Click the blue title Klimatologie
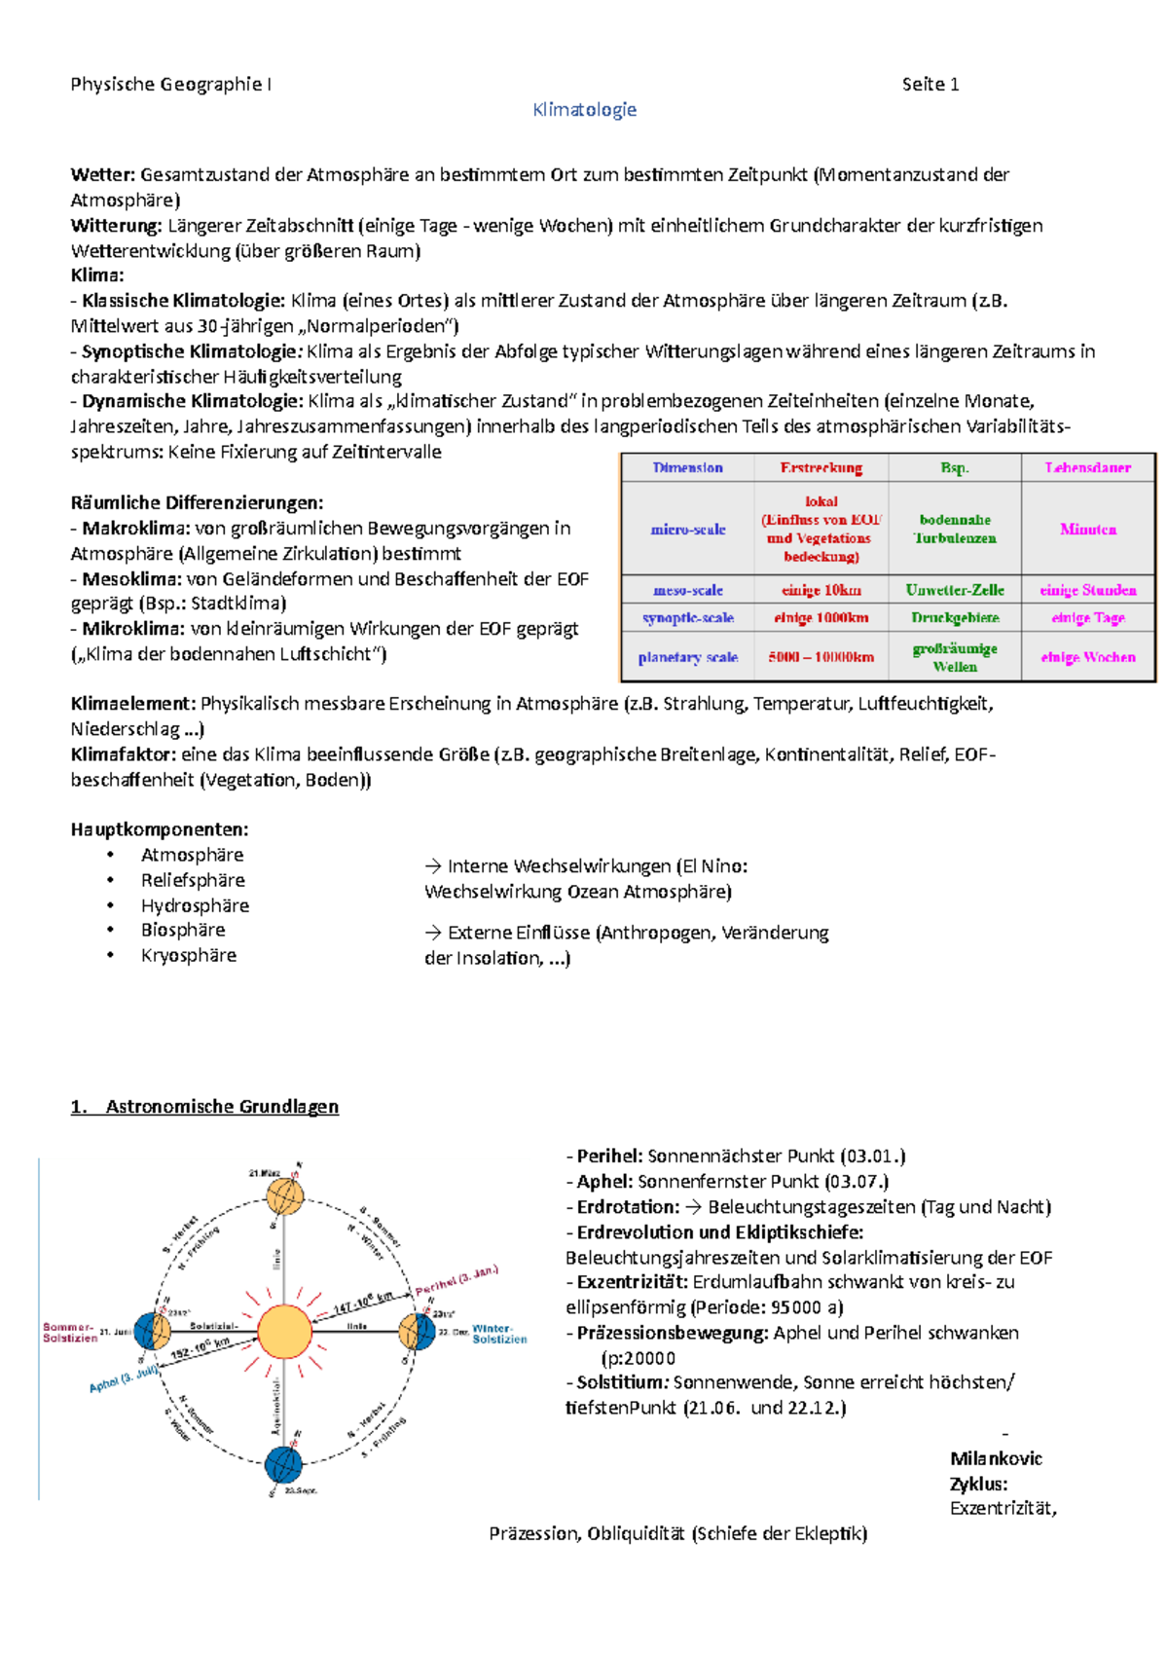(x=584, y=110)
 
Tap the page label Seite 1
(x=930, y=85)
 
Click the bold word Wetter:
(x=102, y=175)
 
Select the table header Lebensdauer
(x=1087, y=467)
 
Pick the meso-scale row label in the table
(x=687, y=590)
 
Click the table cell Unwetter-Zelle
(x=954, y=590)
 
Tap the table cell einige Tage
(x=1087, y=617)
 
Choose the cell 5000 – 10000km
(x=821, y=657)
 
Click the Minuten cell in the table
(x=1087, y=530)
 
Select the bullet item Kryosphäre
(x=189, y=956)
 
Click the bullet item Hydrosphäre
(x=195, y=905)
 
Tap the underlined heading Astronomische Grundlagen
(x=222, y=1107)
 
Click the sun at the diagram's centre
(x=284, y=1331)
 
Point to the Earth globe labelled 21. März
(x=285, y=1195)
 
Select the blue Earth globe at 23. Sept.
(x=283, y=1464)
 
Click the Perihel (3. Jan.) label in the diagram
(x=456, y=1279)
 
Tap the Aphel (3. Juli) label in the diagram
(x=124, y=1379)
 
